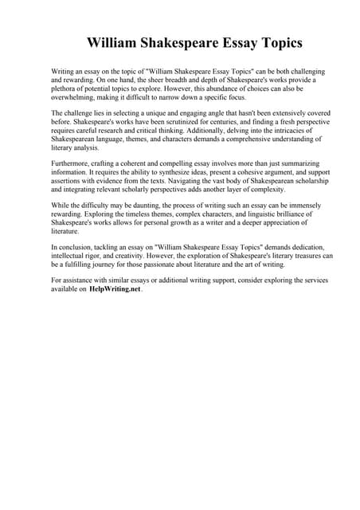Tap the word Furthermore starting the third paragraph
(x=72, y=162)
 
